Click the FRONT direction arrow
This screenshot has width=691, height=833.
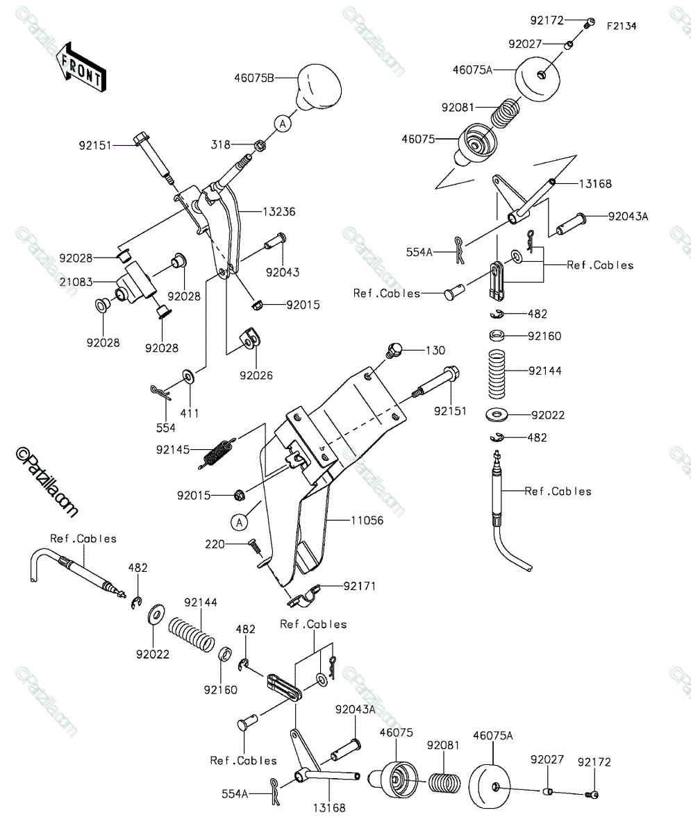pyautogui.click(x=81, y=67)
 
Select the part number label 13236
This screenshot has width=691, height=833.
pyautogui.click(x=279, y=212)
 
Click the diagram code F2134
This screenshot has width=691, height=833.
pyautogui.click(x=622, y=26)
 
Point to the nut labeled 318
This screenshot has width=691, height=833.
pyautogui.click(x=260, y=145)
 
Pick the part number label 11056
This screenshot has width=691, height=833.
pyautogui.click(x=367, y=520)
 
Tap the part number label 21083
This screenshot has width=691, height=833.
pyautogui.click(x=76, y=283)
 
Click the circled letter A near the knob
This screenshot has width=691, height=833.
pyautogui.click(x=283, y=124)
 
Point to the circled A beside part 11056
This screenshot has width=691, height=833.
pyautogui.click(x=239, y=522)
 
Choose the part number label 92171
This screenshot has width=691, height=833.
pyautogui.click(x=360, y=586)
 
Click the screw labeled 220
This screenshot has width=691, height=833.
pyautogui.click(x=255, y=546)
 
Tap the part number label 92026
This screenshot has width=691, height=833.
pyautogui.click(x=256, y=376)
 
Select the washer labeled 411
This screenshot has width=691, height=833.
pyautogui.click(x=188, y=376)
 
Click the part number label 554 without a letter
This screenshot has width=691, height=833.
pyautogui.click(x=166, y=428)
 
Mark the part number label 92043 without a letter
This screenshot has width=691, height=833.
pyautogui.click(x=283, y=273)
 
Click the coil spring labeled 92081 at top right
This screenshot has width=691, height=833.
pyautogui.click(x=505, y=113)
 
